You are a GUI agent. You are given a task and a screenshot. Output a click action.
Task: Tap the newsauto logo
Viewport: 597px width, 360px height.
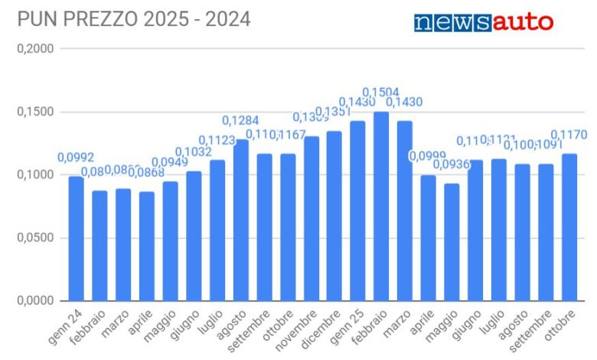[483, 22]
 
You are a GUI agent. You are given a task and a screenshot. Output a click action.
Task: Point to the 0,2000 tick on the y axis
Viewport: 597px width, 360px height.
[34, 49]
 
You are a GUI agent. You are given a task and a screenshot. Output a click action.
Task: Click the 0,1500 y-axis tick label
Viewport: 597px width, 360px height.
[34, 112]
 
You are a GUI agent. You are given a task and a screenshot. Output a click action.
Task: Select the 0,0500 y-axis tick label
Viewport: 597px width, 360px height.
[34, 237]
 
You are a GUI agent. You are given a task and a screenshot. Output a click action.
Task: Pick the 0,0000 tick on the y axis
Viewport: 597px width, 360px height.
[34, 300]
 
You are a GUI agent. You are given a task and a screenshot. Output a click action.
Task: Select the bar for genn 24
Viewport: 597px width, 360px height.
[76, 238]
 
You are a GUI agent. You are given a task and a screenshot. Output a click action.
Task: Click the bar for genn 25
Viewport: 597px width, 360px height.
[357, 211]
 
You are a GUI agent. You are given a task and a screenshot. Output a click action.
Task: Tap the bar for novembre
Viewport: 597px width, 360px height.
[311, 218]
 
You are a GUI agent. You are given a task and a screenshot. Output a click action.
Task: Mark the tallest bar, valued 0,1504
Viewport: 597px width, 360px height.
[381, 206]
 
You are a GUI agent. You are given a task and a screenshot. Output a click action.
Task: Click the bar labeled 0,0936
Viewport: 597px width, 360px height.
[452, 242]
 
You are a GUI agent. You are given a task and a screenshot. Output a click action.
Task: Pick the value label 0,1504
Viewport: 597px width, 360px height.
[380, 93]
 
